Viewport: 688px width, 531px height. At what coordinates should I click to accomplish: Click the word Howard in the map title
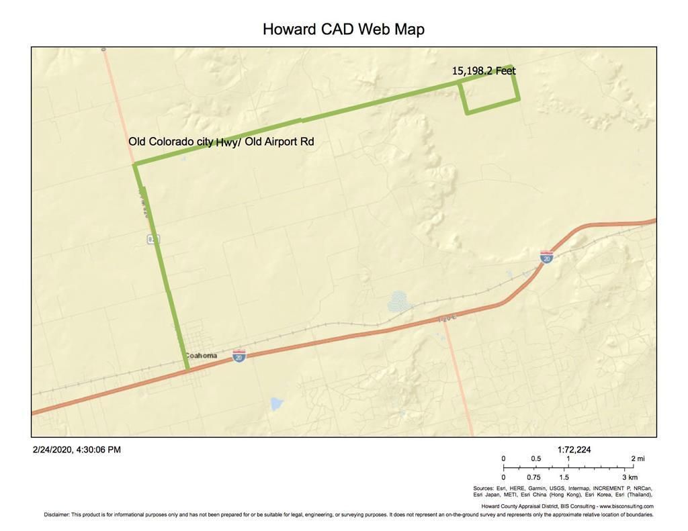(x=289, y=30)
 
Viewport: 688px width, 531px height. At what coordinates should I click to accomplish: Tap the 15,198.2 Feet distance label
(x=484, y=70)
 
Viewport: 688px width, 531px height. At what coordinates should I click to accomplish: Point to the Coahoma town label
(x=201, y=356)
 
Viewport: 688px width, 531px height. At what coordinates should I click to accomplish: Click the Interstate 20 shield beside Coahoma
(x=239, y=355)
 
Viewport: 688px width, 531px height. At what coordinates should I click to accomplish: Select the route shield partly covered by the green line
(x=154, y=239)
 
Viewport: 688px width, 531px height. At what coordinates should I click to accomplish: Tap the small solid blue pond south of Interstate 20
(x=275, y=403)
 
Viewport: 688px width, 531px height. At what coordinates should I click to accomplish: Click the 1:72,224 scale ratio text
(x=574, y=450)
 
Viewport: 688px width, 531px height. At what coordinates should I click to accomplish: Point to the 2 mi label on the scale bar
(x=638, y=458)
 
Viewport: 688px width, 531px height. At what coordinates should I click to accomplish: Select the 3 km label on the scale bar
(x=629, y=477)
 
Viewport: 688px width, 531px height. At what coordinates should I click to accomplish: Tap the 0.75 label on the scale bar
(x=533, y=477)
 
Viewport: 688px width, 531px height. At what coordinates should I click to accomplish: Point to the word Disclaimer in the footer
(x=56, y=515)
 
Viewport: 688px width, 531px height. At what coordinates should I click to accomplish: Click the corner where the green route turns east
(x=135, y=164)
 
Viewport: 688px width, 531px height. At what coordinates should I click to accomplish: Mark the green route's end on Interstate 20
(x=187, y=369)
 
